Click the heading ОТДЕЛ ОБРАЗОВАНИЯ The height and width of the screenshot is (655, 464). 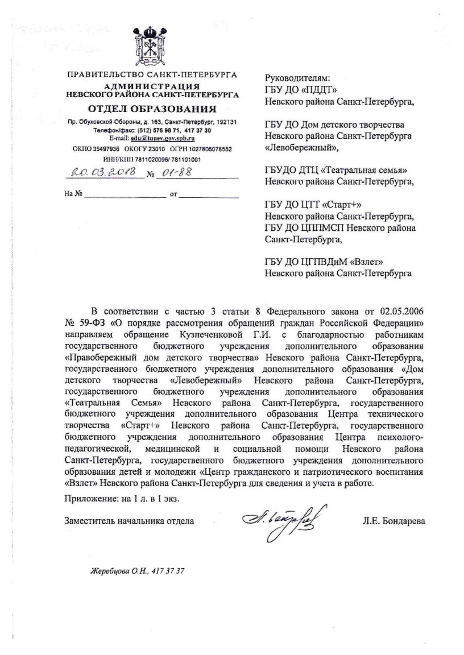[x=152, y=109]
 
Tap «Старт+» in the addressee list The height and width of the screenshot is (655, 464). [x=342, y=205]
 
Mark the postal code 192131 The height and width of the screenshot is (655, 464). [x=225, y=122]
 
